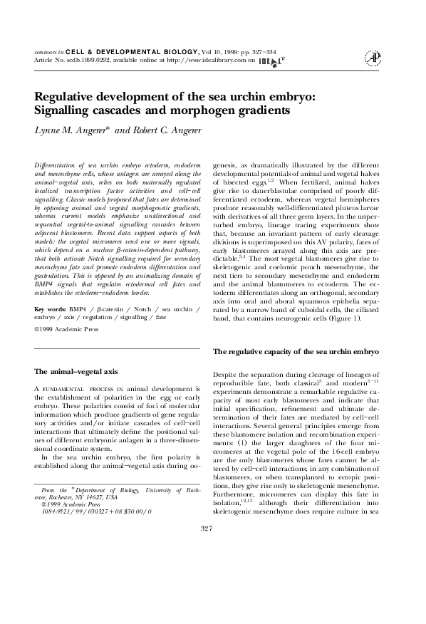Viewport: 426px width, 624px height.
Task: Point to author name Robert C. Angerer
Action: (174, 131)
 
